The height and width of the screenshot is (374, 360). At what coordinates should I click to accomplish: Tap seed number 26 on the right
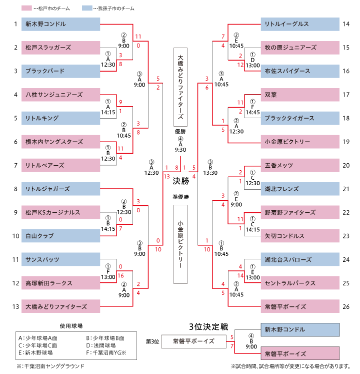[346, 306]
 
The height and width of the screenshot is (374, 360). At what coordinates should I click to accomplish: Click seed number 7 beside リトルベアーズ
[15, 165]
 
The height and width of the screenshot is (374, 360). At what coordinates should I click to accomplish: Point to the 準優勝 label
[180, 197]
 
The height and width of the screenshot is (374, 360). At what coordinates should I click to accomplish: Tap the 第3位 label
[152, 341]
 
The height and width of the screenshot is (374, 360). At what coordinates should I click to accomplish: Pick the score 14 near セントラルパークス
[240, 275]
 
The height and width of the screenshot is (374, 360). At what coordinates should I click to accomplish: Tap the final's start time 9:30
[180, 149]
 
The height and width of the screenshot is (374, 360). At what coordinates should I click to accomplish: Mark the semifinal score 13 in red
[166, 175]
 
